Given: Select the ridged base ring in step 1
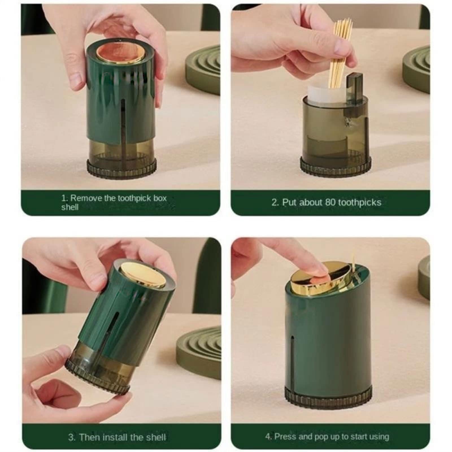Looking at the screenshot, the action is pyautogui.click(x=121, y=169).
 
